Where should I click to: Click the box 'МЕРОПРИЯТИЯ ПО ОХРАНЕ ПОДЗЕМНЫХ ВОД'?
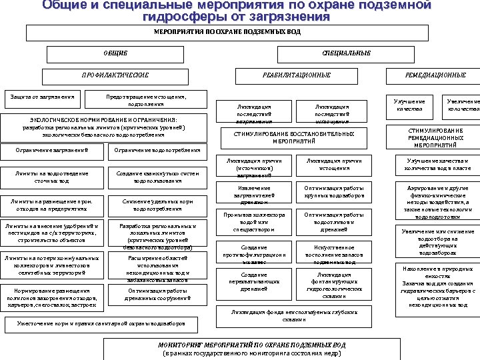(x=227, y=32)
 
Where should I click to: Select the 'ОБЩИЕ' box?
(x=115, y=53)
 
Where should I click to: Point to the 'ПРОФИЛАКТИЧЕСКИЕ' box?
(x=115, y=75)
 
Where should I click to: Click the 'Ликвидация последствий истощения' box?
(x=332, y=113)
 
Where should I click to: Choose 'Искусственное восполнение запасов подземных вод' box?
(x=331, y=254)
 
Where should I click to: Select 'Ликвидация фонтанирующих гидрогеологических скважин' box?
(x=331, y=285)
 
